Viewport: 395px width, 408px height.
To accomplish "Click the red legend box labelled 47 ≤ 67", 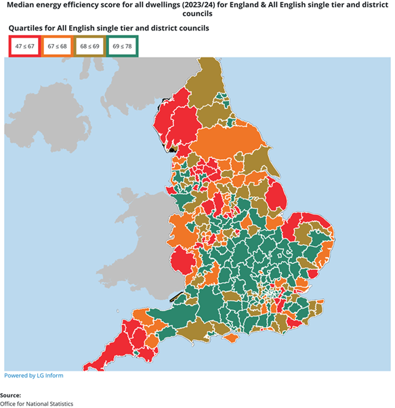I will (x=24, y=46).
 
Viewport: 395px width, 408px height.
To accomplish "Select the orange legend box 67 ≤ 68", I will (x=57, y=46).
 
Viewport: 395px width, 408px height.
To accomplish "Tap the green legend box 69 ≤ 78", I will (x=123, y=46).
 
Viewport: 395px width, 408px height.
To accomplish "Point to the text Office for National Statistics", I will (x=37, y=403).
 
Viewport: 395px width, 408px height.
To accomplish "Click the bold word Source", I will (x=11, y=394).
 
